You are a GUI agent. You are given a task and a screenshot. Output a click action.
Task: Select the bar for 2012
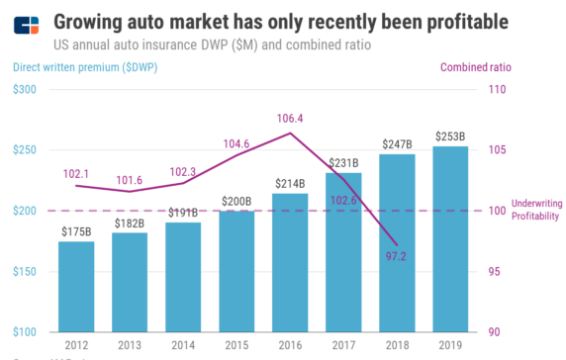coord(76,287)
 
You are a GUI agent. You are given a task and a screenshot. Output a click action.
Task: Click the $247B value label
coord(397,144)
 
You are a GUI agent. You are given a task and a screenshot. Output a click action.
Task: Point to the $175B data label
coord(76,231)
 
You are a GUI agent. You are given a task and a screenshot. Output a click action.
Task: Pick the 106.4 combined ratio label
coord(290,118)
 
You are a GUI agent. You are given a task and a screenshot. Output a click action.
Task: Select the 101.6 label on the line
coord(130,180)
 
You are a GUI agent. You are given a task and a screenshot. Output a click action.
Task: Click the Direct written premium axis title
coord(85,67)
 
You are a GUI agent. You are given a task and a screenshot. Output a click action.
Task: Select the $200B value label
coord(236,202)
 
